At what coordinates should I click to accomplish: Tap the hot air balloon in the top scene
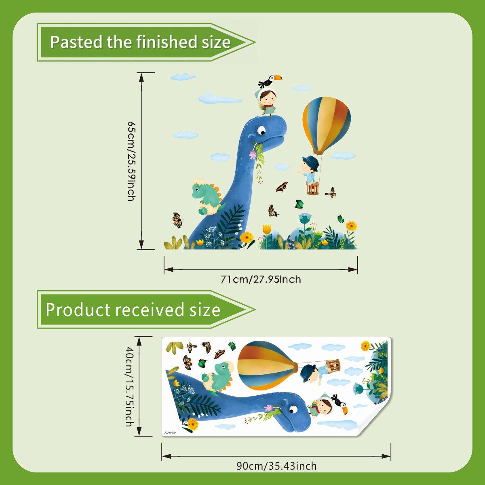point(327,125)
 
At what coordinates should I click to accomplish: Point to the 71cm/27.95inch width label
point(261,279)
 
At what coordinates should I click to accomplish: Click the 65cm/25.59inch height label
point(131,160)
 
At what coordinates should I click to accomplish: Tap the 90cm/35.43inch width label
point(276,466)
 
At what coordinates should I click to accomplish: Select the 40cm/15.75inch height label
point(129,386)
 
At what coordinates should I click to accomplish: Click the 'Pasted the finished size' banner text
point(140,42)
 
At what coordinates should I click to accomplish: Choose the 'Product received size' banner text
point(133,310)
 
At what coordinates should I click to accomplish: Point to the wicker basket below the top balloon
point(313,189)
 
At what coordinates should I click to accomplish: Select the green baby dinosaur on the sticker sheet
point(218,376)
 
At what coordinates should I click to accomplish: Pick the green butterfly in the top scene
point(299,204)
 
